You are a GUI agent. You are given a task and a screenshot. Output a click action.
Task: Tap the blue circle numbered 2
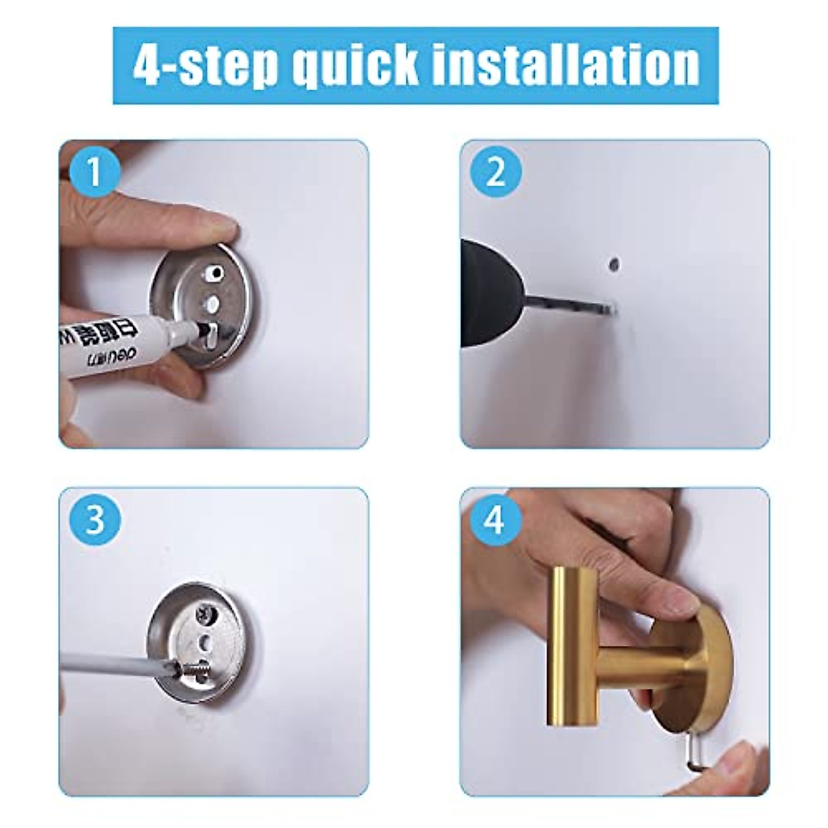coord(495,173)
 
